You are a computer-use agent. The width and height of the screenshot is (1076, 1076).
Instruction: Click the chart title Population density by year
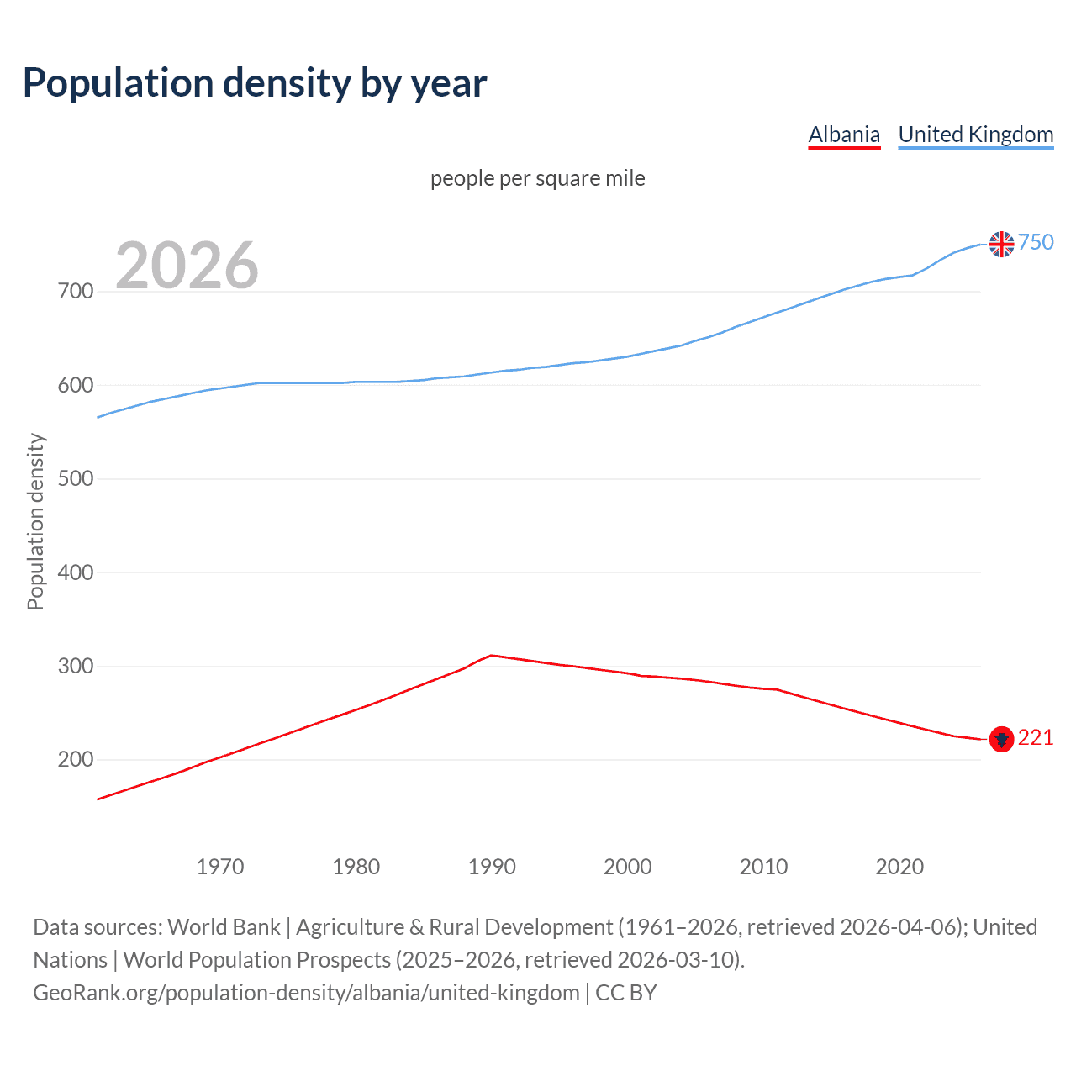255,83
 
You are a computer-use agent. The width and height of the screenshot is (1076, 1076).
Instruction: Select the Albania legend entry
844,134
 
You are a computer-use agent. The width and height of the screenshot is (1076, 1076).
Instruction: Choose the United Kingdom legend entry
975,134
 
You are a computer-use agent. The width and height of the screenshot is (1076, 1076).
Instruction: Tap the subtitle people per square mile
537,178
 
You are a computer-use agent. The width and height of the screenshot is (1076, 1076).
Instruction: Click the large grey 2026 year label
187,266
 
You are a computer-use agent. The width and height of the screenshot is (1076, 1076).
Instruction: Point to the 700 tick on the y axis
76,292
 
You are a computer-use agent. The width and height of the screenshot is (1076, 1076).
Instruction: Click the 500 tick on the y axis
76,479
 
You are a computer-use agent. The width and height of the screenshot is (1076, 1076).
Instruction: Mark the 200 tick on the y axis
76,760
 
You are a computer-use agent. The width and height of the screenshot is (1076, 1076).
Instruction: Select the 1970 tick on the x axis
220,867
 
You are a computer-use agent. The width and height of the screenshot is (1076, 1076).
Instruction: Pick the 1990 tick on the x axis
492,867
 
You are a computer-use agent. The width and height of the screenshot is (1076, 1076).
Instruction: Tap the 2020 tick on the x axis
899,867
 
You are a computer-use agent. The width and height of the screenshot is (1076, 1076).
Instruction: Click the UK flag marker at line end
1001,244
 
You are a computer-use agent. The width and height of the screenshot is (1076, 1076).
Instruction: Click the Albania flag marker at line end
1001,739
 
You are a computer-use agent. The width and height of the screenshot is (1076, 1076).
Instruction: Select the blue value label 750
1036,242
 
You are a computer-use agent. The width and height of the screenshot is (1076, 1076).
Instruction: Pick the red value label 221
1036,737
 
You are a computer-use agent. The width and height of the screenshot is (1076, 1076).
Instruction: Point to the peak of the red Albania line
492,655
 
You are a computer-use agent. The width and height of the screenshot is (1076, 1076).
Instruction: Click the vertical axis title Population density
35,521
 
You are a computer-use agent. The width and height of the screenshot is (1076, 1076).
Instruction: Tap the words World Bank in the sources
224,927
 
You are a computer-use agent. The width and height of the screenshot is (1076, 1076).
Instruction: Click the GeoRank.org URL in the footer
306,993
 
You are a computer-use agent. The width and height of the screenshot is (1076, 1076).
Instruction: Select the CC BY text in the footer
625,993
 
